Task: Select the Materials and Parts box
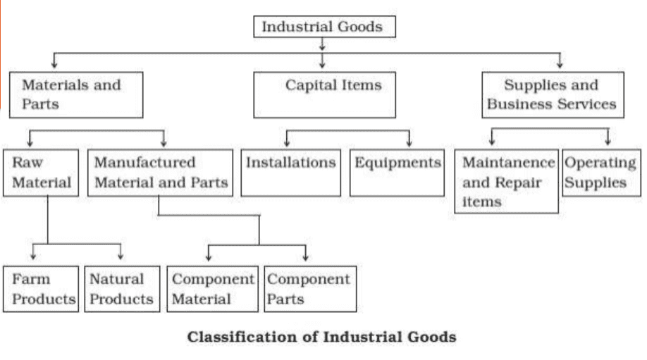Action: [x=75, y=95]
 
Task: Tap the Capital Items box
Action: [x=325, y=95]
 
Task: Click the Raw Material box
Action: [x=41, y=173]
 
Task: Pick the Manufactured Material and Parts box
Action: [x=161, y=173]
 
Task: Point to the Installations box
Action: [x=291, y=173]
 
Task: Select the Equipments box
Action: [x=397, y=173]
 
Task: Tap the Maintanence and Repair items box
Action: [x=506, y=181]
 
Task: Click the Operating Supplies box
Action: [x=601, y=173]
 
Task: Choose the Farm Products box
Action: [x=40, y=289]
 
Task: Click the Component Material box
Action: [x=212, y=289]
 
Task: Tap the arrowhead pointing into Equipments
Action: [x=409, y=142]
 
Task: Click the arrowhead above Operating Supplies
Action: [x=608, y=140]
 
